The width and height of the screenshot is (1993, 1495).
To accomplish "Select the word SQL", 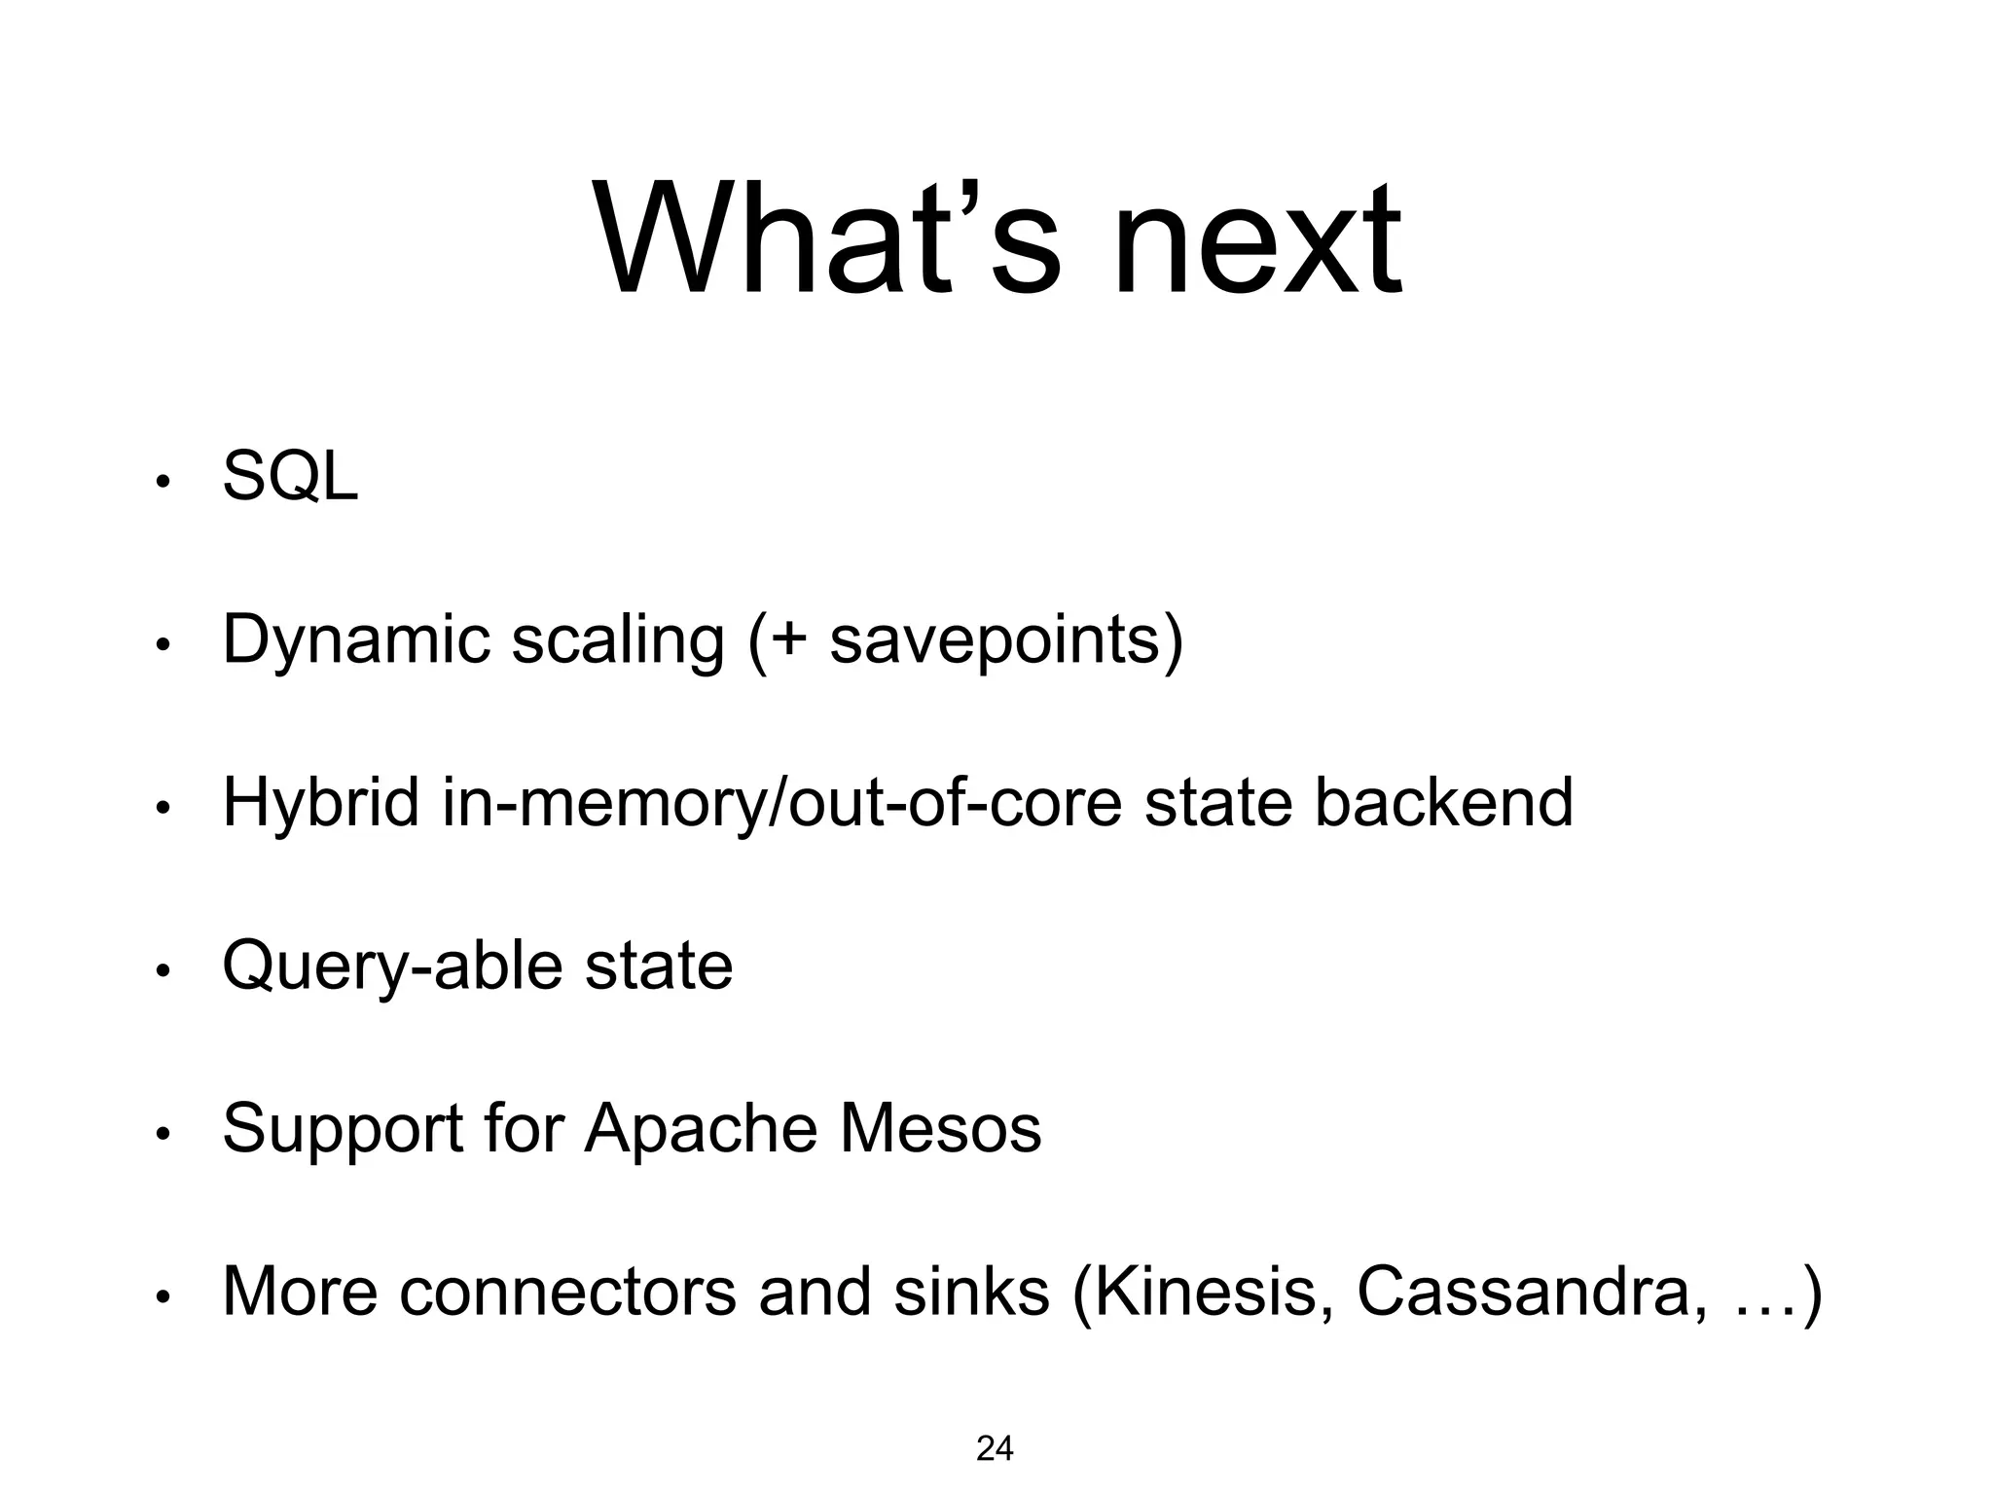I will coord(290,477).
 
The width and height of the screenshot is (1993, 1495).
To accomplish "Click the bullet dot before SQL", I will coord(163,482).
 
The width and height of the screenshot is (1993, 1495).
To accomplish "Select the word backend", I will coord(1443,803).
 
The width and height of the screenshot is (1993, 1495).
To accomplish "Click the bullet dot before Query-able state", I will coord(163,970).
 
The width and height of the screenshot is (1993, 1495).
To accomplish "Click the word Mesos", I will coord(940,1130).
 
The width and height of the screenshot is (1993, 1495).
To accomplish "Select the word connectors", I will coord(567,1292).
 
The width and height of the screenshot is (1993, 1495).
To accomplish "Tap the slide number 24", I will coord(995,1449).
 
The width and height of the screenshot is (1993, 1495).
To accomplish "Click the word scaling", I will coord(618,642).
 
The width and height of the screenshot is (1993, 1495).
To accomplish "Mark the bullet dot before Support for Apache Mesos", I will coord(163,1133).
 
